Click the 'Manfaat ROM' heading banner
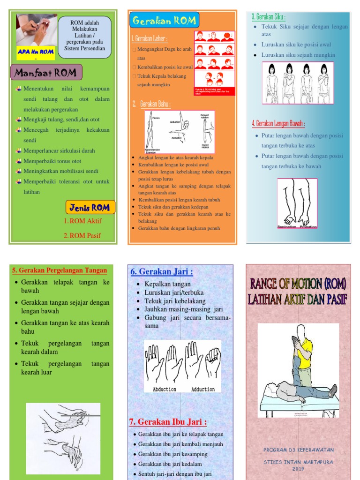coord(46,73)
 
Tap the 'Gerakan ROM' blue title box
coord(164,21)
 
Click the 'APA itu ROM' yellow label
coord(36,52)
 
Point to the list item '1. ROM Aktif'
coord(82,221)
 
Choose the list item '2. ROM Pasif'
coord(82,235)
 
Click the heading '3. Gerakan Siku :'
coord(269,17)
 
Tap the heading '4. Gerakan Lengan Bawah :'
coord(278,124)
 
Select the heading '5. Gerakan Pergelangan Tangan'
coord(60,270)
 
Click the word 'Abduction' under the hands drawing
coord(165,389)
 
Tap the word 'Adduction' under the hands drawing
coord(203,389)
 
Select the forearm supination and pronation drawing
coord(297,203)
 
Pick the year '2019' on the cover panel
coord(299,468)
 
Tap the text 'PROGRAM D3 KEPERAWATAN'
coord(299,450)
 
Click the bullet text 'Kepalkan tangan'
coord(167,284)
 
